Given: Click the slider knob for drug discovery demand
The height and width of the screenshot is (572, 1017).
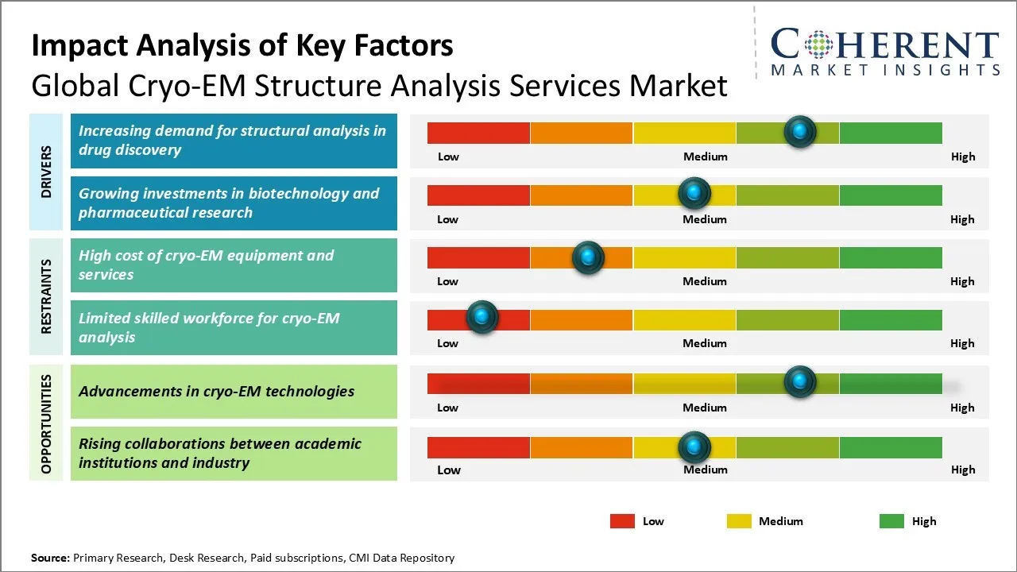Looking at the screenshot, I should [x=800, y=131].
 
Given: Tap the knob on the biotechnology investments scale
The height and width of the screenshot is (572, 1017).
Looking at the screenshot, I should [x=694, y=193].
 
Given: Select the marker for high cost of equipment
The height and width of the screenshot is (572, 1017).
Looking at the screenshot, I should [x=588, y=257].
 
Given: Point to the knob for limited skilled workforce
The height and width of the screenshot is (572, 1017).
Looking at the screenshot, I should [x=481, y=318].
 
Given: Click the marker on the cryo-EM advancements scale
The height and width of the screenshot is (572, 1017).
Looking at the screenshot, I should [x=800, y=381].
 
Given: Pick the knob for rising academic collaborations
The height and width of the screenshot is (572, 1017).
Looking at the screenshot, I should [x=694, y=447].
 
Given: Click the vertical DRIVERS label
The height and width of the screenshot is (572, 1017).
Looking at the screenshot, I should [x=46, y=172].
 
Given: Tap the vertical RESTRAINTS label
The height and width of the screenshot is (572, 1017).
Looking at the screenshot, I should [x=46, y=296].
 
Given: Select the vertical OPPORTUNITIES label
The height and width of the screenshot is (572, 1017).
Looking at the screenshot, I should [x=46, y=423].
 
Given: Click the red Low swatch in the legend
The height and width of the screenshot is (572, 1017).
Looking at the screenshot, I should [x=622, y=521].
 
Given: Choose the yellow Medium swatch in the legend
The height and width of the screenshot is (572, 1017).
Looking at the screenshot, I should [x=739, y=521].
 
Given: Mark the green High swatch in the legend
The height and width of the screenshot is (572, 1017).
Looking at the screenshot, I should [x=891, y=521].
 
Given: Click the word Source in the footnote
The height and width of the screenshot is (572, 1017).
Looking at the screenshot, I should [x=50, y=558].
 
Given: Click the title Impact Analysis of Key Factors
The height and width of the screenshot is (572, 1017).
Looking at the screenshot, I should [x=242, y=45].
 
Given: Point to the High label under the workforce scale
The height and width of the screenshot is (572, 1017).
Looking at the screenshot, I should [x=962, y=343].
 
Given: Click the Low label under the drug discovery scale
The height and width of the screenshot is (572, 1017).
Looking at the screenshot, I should [x=448, y=157].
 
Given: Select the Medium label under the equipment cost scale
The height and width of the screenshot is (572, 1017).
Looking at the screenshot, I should [x=705, y=281].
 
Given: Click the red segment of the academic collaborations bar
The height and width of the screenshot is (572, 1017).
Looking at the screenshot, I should [x=478, y=448].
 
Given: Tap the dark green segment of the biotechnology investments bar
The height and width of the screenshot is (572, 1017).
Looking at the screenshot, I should [x=890, y=195].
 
